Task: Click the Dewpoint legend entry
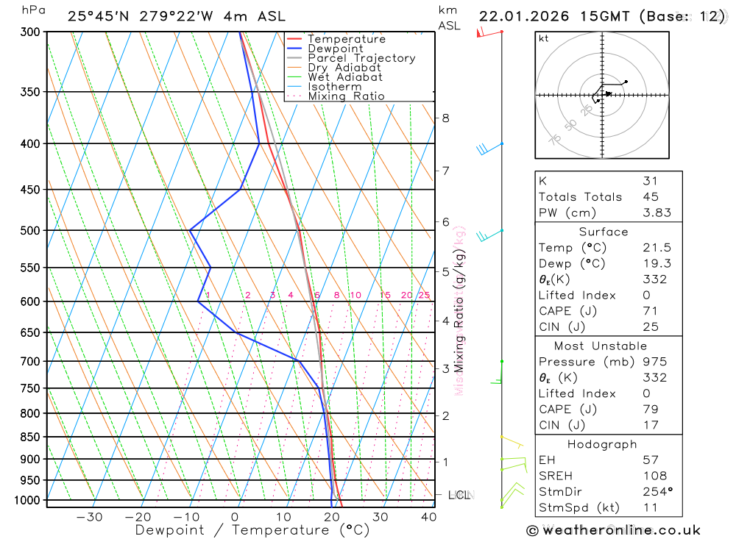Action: tap(335, 49)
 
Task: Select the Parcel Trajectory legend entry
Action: tap(361, 58)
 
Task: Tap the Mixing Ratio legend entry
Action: tap(346, 96)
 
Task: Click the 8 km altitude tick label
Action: tap(445, 118)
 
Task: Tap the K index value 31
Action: tap(650, 181)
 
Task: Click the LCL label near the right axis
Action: tap(460, 495)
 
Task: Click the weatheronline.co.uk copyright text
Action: tap(613, 530)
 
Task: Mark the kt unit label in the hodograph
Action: tap(544, 38)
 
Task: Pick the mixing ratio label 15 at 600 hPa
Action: tap(385, 296)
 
